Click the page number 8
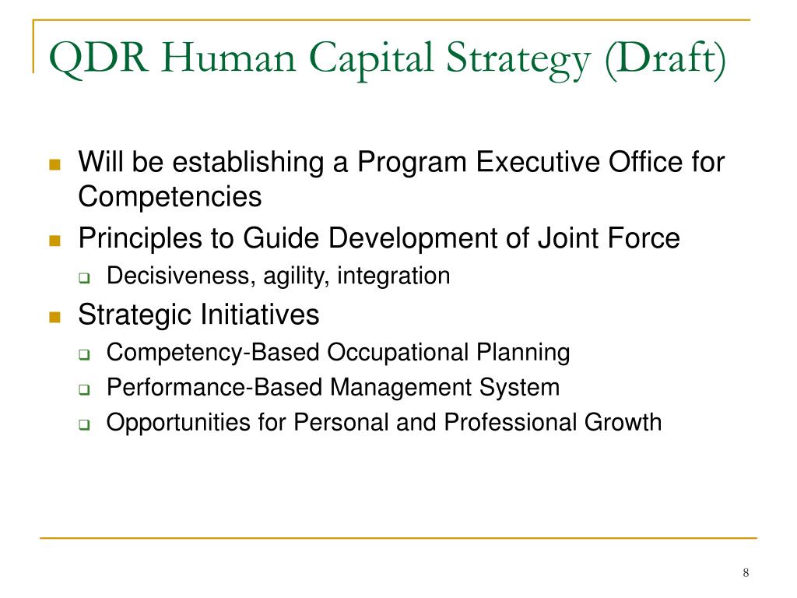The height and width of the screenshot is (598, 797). coord(746,574)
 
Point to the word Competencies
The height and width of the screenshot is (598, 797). coord(170,197)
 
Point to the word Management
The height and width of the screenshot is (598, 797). coord(400,387)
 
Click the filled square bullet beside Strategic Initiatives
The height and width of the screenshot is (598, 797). coord(54,316)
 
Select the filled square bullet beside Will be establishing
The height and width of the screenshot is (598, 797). coord(54,164)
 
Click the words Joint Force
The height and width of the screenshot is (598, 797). coord(608,238)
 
